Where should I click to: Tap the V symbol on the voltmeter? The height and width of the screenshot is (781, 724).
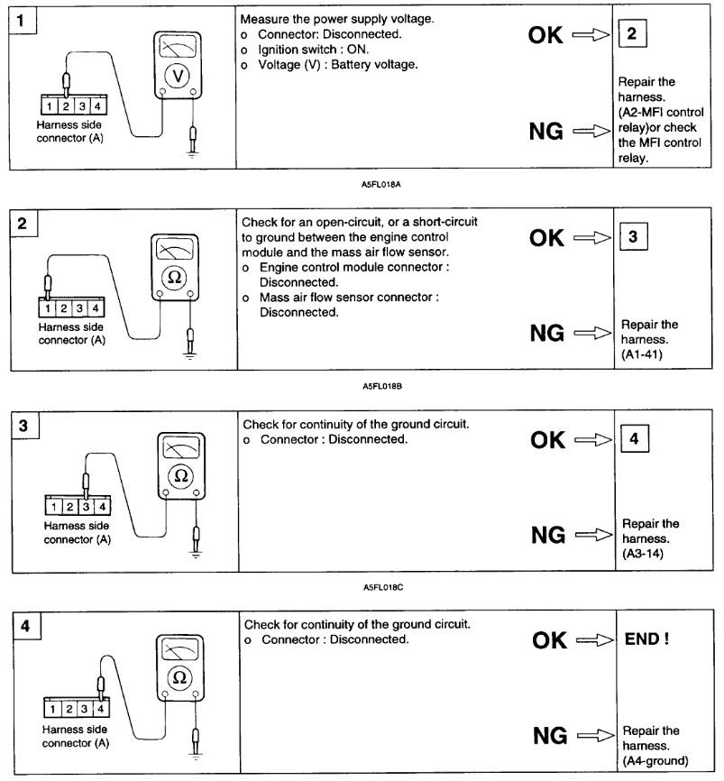(x=178, y=78)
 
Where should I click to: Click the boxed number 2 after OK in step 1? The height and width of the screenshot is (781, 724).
(x=631, y=34)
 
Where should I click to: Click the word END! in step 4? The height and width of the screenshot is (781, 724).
(x=646, y=639)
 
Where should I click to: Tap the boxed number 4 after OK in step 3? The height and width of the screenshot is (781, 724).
(x=634, y=440)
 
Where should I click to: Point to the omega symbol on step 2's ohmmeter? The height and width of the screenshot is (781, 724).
(x=176, y=278)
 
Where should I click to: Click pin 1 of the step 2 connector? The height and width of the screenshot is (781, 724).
(x=47, y=309)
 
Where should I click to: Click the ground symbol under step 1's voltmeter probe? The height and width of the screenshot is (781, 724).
(x=191, y=153)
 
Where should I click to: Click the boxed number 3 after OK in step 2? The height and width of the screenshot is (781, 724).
(x=633, y=237)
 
